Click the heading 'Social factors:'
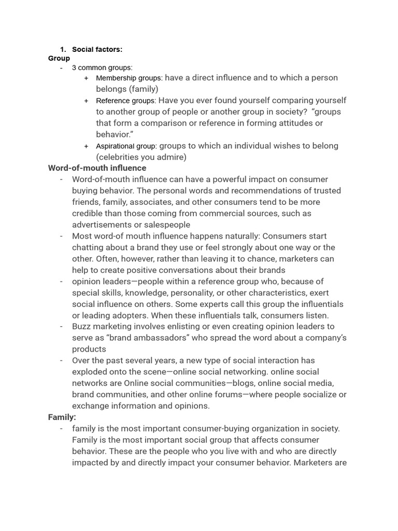[x=97, y=49]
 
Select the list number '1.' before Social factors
[x=63, y=49]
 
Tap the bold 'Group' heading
[x=59, y=59]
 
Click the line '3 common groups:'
[x=102, y=67]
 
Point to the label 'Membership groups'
[x=129, y=78]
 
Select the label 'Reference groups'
[x=125, y=101]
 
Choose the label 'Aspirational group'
[x=126, y=146]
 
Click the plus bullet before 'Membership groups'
[x=86, y=78]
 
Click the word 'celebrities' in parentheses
[x=119, y=157]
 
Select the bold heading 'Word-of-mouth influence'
[x=97, y=168]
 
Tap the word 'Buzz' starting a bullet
[x=82, y=327]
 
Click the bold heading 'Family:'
[x=62, y=417]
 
